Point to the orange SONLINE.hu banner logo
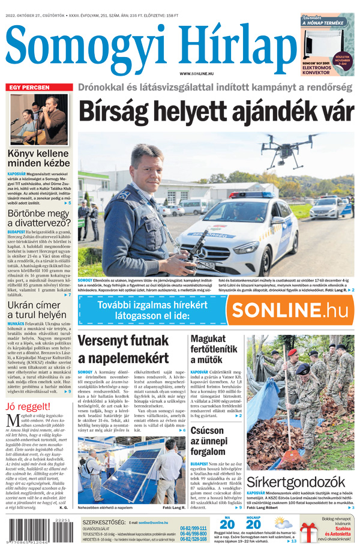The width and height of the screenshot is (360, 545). [290, 310]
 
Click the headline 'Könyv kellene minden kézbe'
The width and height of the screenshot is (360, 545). [38, 157]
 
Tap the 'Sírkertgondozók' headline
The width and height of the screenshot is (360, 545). [294, 482]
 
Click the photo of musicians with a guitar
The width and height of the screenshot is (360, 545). [38, 118]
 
